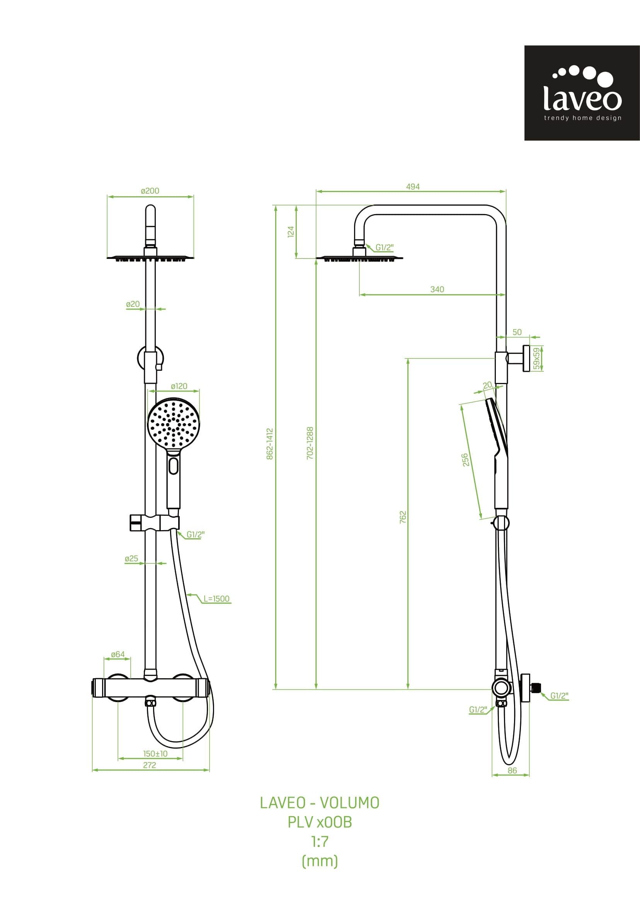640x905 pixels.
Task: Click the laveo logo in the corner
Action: (x=582, y=93)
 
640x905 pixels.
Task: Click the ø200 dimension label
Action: (x=150, y=191)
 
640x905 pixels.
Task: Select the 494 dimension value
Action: (x=413, y=186)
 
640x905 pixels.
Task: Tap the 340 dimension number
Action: (x=437, y=289)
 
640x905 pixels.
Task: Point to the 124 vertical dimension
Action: (x=291, y=231)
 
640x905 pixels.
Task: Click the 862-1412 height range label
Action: (x=270, y=444)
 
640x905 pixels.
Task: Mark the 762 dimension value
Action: (x=403, y=517)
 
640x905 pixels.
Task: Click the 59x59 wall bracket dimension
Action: (x=536, y=358)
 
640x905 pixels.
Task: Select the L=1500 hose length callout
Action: (x=216, y=599)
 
